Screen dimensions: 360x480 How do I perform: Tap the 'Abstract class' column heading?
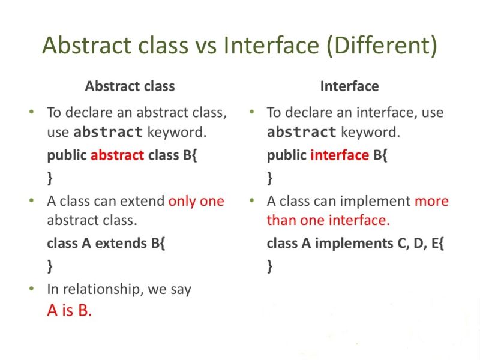130,86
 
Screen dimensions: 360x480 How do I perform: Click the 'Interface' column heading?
349,86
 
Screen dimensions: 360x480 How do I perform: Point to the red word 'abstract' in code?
117,155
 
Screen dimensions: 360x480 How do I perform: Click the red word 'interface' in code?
339,155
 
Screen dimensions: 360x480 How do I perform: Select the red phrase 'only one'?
196,201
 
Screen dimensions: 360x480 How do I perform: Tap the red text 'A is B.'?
69,311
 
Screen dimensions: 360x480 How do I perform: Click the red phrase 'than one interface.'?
328,220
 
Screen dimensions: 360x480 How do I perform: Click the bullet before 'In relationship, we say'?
32,289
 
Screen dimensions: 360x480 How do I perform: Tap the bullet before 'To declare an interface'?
252,112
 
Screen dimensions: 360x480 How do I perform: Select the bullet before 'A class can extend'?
32,201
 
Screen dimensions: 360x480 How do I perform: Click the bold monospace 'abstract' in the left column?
108,132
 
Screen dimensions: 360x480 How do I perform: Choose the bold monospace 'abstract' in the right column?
301,132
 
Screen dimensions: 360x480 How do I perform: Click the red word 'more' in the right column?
431,201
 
